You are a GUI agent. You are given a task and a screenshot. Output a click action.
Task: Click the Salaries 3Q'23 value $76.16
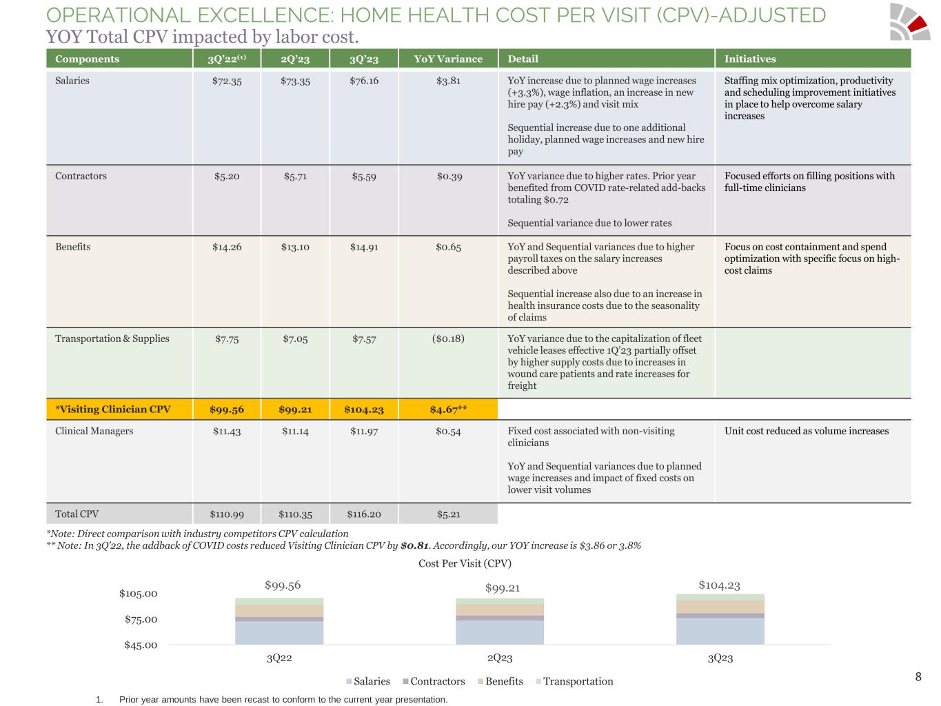pos(364,81)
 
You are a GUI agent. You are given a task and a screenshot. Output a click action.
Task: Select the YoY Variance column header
pos(448,59)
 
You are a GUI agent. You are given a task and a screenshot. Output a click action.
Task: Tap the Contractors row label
pos(81,176)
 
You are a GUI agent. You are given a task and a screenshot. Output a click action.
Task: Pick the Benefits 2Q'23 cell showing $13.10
pos(295,247)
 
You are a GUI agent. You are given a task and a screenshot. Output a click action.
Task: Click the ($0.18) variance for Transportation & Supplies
pos(448,339)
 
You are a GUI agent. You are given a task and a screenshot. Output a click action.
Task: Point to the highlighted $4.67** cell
pos(448,410)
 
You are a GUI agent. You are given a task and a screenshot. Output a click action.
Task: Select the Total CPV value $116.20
pos(364,514)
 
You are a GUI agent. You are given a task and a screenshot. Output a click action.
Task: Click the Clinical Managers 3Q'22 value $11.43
pos(227,431)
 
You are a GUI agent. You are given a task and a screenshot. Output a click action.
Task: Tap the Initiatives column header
pos(750,59)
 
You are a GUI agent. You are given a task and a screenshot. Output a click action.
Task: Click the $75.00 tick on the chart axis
pos(141,619)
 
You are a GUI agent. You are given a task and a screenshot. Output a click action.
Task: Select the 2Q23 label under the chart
pos(500,658)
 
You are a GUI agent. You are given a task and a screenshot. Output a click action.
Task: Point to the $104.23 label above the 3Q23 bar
pos(719,585)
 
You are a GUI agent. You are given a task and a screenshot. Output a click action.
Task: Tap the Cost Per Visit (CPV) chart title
pos(465,563)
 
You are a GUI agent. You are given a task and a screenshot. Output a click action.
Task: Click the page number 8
pos(918,676)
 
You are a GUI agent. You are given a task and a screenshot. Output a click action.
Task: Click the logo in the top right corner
pos(909,22)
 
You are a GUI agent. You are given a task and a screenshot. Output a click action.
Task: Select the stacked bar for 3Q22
pos(279,621)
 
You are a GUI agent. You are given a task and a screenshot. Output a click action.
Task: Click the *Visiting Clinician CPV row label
pos(113,410)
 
